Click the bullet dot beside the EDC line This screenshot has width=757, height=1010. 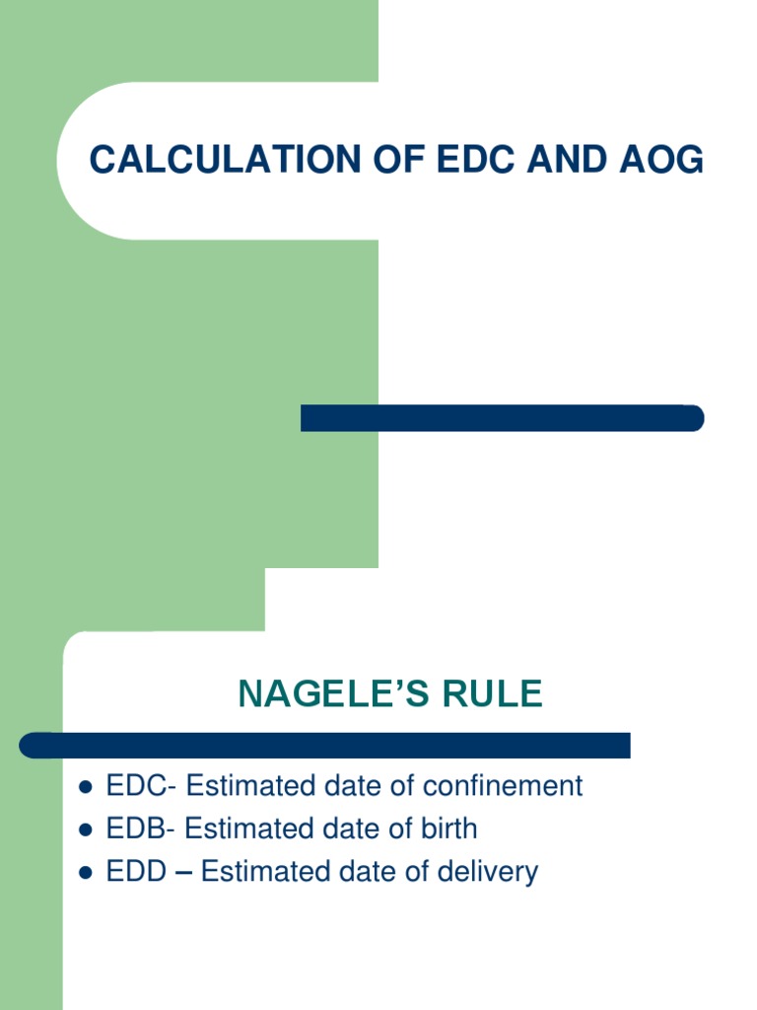click(x=85, y=787)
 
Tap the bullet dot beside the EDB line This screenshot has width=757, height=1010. click(x=85, y=830)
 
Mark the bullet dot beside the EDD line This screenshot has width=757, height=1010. click(x=85, y=873)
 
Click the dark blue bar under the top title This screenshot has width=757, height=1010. click(x=502, y=418)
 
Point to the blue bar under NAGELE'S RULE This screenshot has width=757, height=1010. click(x=325, y=745)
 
